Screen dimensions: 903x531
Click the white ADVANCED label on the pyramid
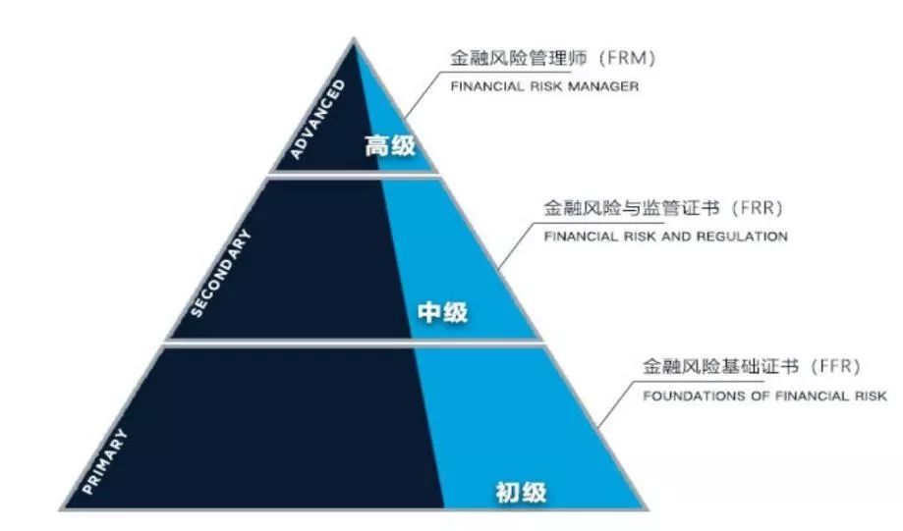click(318, 119)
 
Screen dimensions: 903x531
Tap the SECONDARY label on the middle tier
click(220, 273)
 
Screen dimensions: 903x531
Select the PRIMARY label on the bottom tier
click(105, 462)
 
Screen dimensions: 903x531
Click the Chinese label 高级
click(390, 145)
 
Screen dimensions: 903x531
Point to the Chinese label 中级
click(442, 312)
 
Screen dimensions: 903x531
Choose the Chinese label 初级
click(521, 493)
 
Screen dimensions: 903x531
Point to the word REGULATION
click(742, 237)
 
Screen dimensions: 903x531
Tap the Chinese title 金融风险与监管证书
click(631, 208)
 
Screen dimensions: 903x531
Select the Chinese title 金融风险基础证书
click(720, 367)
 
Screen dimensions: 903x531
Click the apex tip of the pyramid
click(354, 38)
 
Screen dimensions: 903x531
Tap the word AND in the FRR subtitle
click(677, 237)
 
